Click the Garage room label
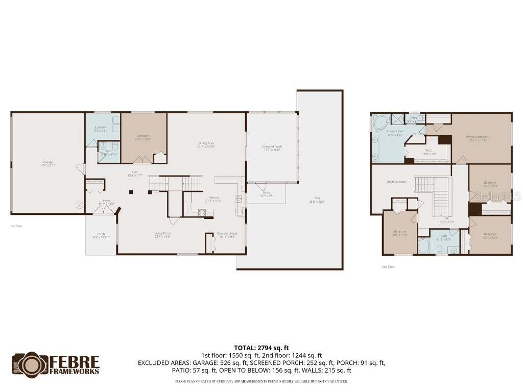click(47, 163)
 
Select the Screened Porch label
click(272, 148)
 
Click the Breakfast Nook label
click(227, 235)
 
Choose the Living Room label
click(162, 235)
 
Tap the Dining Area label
click(206, 144)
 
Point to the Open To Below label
click(396, 182)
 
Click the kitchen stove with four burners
click(202, 212)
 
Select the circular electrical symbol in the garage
click(79, 205)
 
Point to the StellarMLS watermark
click(497, 195)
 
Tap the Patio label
click(266, 194)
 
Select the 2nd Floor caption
click(389, 266)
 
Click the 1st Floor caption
click(16, 226)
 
